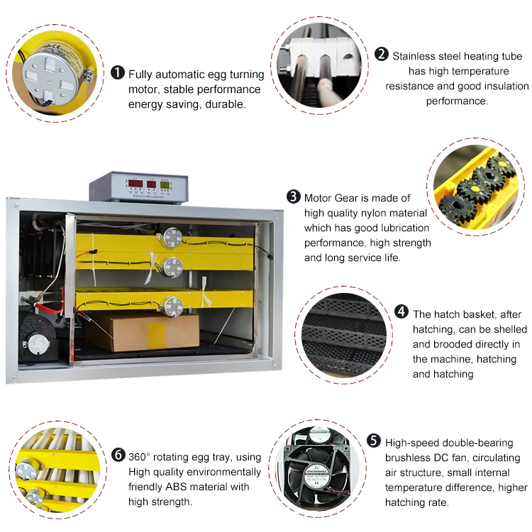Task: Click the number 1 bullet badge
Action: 118,74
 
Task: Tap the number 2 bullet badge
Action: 382,55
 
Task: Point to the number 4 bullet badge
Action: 402,313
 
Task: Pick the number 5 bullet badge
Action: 374,441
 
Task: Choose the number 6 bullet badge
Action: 118,456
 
